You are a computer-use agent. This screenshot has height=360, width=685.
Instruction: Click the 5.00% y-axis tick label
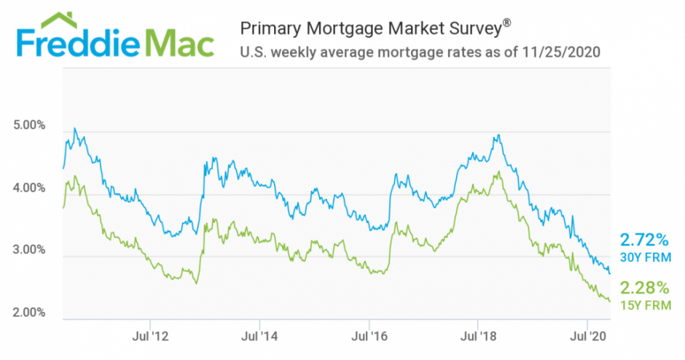[30, 125]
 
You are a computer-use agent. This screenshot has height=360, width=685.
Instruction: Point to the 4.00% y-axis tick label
[30, 188]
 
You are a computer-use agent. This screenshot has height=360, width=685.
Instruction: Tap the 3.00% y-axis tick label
[30, 251]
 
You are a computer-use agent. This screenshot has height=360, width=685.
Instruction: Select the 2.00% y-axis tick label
[30, 313]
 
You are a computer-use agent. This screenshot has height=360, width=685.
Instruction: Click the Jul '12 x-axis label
[150, 337]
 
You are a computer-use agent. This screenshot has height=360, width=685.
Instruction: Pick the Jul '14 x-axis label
[259, 337]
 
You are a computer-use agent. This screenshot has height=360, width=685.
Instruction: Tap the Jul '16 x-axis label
[369, 337]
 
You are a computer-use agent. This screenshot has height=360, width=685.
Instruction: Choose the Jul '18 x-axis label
[478, 337]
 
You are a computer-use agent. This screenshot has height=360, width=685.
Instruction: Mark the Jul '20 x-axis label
[587, 337]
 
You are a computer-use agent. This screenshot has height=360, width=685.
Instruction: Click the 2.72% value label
[643, 240]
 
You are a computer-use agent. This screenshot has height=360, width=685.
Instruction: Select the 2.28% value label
[643, 287]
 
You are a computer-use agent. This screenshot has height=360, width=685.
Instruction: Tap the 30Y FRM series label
[643, 257]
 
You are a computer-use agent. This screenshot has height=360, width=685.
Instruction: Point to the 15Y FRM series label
[643, 305]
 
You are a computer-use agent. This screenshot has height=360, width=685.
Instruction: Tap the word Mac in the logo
[181, 43]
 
